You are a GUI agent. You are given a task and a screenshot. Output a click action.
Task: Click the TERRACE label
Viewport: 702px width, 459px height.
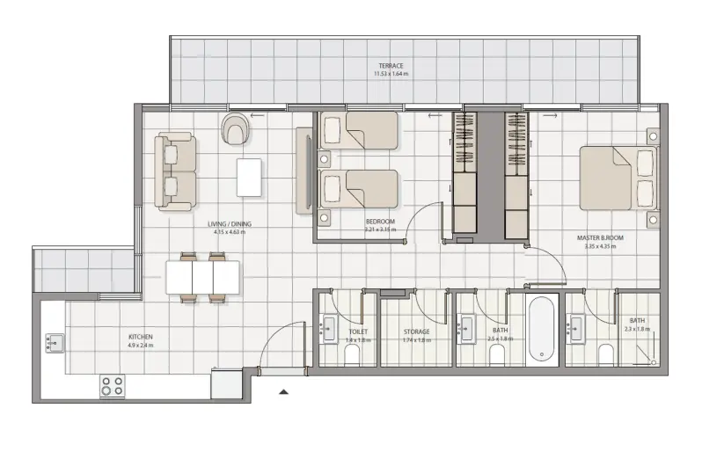coord(391,66)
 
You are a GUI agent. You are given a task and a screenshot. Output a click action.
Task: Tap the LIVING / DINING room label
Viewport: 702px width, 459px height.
coord(230,224)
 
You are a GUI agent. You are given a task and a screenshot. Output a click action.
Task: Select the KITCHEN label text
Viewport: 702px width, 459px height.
coord(140,337)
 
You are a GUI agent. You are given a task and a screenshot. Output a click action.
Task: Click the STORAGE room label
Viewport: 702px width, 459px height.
coord(416,331)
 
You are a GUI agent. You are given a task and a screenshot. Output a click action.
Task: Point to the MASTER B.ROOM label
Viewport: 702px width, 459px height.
coord(600,237)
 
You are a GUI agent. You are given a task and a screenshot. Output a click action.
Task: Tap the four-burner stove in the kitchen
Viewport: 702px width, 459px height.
coord(113,385)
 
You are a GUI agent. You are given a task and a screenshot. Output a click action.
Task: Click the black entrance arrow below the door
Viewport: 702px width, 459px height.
coord(283,393)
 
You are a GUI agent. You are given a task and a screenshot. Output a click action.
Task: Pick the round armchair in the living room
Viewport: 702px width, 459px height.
coord(235,128)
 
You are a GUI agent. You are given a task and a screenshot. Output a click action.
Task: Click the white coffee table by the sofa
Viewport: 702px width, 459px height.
coord(249,176)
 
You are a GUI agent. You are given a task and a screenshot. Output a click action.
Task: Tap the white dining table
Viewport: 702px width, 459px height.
coord(202,278)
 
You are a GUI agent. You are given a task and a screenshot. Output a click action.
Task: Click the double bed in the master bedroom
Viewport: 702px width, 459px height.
coord(618,178)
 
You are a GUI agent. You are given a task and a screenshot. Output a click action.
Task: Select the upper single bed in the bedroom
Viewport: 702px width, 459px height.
coord(359,130)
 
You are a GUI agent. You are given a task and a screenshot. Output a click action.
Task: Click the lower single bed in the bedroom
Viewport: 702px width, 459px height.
coord(359,188)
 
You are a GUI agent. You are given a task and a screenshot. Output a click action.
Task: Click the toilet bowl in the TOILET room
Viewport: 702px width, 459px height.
coord(352,353)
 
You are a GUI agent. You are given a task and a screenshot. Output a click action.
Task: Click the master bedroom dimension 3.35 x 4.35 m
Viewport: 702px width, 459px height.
coord(600,246)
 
